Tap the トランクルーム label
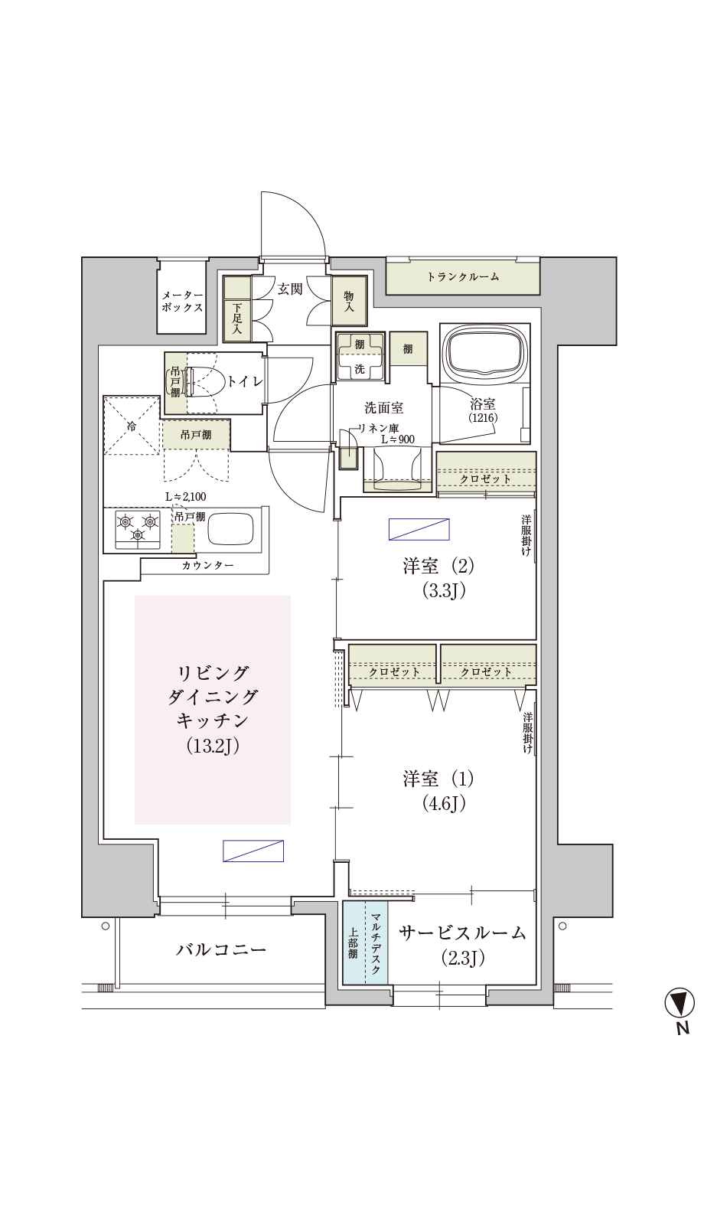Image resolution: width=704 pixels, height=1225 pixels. (x=463, y=276)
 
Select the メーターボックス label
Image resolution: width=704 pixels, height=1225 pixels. (x=182, y=302)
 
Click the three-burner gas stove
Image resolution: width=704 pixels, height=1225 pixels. (x=137, y=529)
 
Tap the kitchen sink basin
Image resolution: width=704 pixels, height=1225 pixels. (x=230, y=528)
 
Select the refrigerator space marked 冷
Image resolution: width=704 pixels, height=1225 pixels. (x=132, y=425)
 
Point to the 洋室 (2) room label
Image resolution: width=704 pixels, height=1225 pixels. (x=438, y=566)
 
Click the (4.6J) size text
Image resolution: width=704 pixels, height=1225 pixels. (x=443, y=803)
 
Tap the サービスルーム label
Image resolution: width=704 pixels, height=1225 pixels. (x=462, y=933)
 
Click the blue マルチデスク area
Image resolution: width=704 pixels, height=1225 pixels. (x=365, y=942)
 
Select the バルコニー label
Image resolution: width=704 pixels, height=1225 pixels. (x=221, y=949)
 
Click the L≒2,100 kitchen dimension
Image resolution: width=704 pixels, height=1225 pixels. (x=186, y=497)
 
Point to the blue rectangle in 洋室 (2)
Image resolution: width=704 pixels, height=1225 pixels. (x=419, y=529)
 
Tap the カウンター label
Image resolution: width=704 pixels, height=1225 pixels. (x=207, y=566)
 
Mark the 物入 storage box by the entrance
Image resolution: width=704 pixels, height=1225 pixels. (x=349, y=300)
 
